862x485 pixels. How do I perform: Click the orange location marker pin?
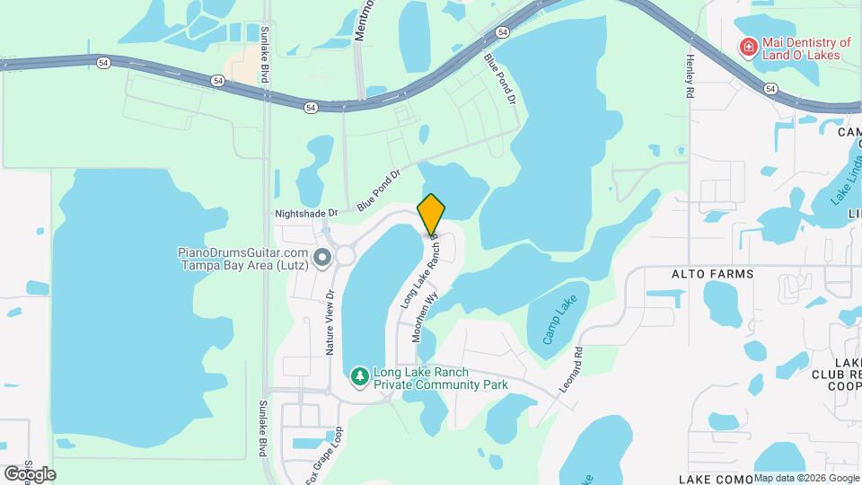pyautogui.click(x=431, y=214)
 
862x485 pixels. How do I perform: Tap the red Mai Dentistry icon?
pyautogui.click(x=747, y=47)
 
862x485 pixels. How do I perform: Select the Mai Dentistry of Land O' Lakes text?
pyautogui.click(x=803, y=48)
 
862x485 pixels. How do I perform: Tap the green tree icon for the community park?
pyautogui.click(x=360, y=375)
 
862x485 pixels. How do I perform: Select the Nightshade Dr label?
pyautogui.click(x=305, y=213)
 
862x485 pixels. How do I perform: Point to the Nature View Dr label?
pyautogui.click(x=330, y=322)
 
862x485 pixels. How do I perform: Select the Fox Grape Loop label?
pyautogui.click(x=324, y=455)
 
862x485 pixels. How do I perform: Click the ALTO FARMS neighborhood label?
pyautogui.click(x=712, y=272)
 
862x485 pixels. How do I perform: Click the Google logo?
pyautogui.click(x=29, y=473)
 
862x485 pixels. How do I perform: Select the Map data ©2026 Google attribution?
pyautogui.click(x=806, y=478)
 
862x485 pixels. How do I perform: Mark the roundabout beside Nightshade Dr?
pyautogui.click(x=345, y=256)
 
